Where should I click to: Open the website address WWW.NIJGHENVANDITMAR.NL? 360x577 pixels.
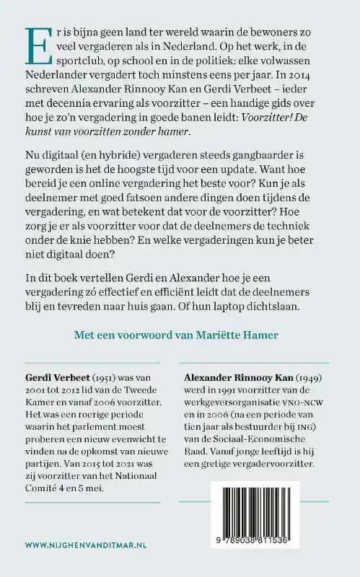[x=84, y=545]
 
